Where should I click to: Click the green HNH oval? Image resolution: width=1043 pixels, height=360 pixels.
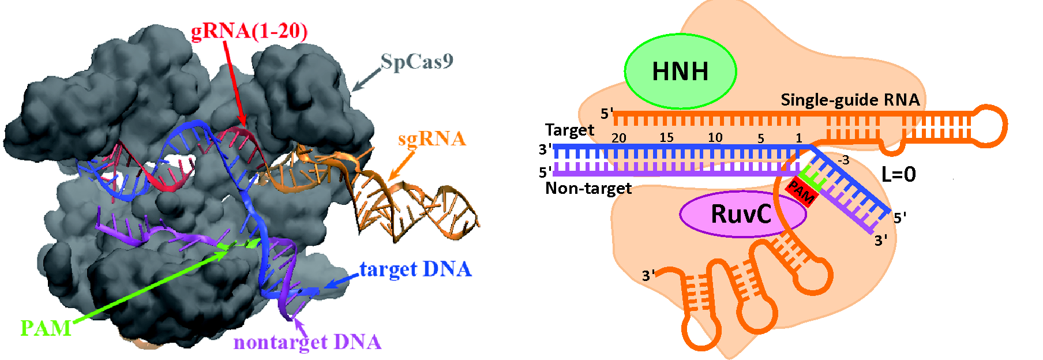coord(680,72)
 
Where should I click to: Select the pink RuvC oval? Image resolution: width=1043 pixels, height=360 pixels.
coord(742,213)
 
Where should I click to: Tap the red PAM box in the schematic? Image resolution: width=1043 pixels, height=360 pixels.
coord(801,192)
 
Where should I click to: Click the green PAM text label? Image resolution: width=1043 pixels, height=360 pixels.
coord(46,328)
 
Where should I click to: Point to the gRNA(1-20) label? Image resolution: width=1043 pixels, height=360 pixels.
coord(249,31)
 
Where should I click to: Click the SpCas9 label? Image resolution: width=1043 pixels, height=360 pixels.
coord(417,61)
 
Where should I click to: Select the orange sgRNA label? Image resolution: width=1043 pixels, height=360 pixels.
coord(432,138)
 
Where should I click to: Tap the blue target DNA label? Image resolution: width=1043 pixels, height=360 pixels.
coord(415,269)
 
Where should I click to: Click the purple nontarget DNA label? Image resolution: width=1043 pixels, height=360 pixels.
coord(307,342)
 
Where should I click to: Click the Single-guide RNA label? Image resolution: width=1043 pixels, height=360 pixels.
coord(850,100)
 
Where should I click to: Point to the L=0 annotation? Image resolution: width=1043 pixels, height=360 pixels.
coord(898,174)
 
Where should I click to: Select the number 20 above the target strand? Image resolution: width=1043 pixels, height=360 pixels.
coord(618,138)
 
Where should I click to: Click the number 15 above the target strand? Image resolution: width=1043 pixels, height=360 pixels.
coord(666,138)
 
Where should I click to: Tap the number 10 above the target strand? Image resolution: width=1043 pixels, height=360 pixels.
coord(715,138)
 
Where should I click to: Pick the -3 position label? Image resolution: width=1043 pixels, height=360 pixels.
coord(843,160)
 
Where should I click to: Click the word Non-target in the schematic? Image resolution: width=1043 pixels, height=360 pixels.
coord(588,189)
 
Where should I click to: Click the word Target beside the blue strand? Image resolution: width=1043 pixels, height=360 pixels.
coord(569,130)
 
